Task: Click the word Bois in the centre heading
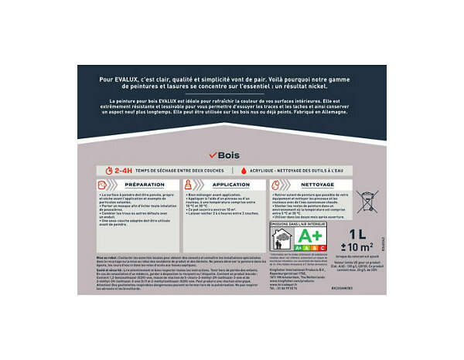230,155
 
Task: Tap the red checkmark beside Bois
213,155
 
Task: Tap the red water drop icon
242,170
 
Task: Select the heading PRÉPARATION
144,185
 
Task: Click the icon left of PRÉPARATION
104,185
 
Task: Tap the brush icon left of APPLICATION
190,185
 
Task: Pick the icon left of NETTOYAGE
276,185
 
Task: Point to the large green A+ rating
311,234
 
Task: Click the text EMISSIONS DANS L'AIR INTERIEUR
298,224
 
